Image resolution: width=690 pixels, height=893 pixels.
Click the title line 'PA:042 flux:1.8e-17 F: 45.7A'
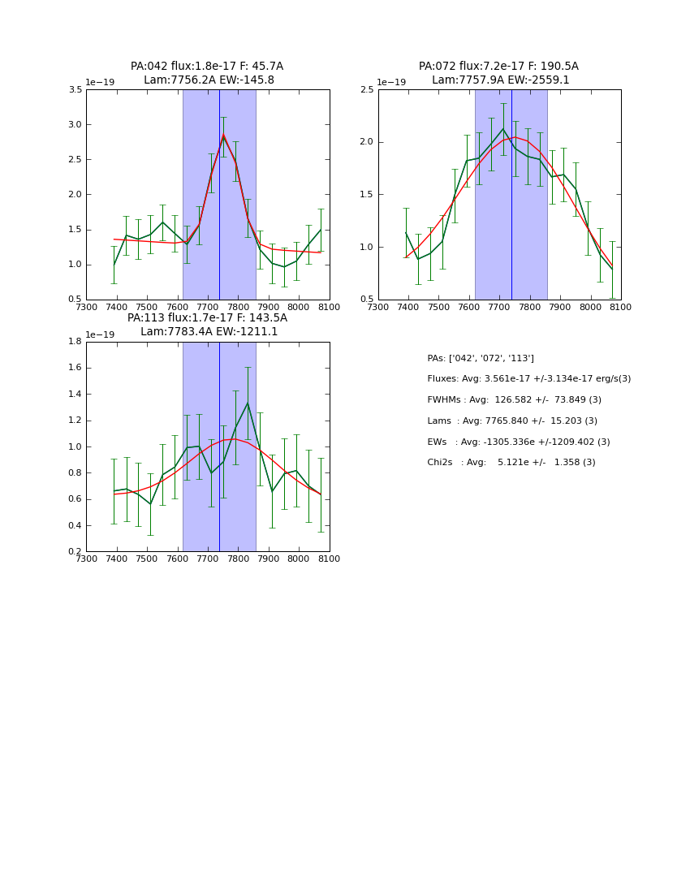pyautogui.click(x=207, y=67)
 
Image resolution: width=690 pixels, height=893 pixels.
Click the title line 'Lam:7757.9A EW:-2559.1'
pyautogui.click(x=500, y=80)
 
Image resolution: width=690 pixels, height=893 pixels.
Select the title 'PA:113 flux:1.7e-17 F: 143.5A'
pyautogui.click(x=207, y=318)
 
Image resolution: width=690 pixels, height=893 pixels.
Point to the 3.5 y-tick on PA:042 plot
pyautogui.click(x=75, y=90)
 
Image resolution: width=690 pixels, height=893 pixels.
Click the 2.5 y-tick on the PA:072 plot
pyautogui.click(x=367, y=90)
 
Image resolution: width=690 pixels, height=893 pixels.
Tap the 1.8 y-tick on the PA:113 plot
pyautogui.click(x=75, y=342)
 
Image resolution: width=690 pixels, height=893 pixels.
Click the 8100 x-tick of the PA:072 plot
pyautogui.click(x=621, y=307)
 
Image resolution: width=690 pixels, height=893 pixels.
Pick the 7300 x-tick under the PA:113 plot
pyautogui.click(x=86, y=559)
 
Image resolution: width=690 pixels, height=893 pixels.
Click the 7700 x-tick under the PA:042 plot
pyautogui.click(x=208, y=307)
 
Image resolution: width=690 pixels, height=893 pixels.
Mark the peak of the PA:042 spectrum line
pyautogui.click(x=223, y=136)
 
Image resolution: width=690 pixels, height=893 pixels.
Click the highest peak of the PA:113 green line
pyautogui.click(x=248, y=403)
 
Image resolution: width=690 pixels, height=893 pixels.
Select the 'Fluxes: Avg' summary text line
pyautogui.click(x=528, y=379)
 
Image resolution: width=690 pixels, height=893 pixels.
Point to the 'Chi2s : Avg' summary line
pyautogui.click(x=511, y=463)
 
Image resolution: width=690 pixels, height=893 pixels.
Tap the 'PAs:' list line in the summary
pyautogui.click(x=481, y=358)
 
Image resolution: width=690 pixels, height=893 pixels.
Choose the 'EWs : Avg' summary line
pyautogui.click(x=518, y=442)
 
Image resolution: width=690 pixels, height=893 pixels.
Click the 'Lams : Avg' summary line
pyautogui.click(x=511, y=421)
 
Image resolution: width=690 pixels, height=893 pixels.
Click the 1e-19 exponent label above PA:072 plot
pyautogui.click(x=391, y=83)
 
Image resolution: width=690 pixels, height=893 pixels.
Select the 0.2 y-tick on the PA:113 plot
pyautogui.click(x=75, y=552)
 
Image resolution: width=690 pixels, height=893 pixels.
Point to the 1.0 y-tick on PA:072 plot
pyautogui.click(x=367, y=248)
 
